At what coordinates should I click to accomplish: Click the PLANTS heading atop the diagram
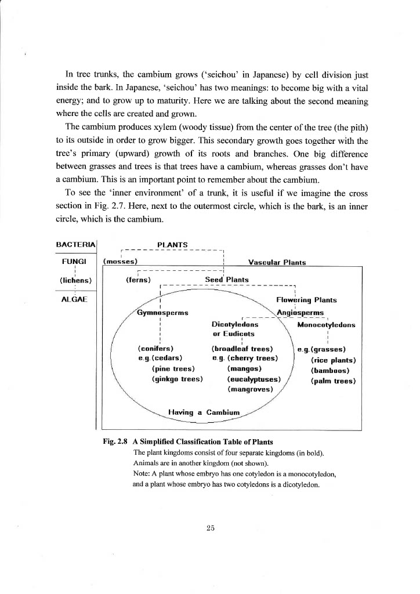[x=172, y=245]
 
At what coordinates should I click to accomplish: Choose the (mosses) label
[x=120, y=262]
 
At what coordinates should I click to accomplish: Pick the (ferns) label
[x=139, y=280]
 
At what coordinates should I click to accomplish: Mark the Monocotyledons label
[x=326, y=325]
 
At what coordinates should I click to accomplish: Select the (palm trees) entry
[x=333, y=381]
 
